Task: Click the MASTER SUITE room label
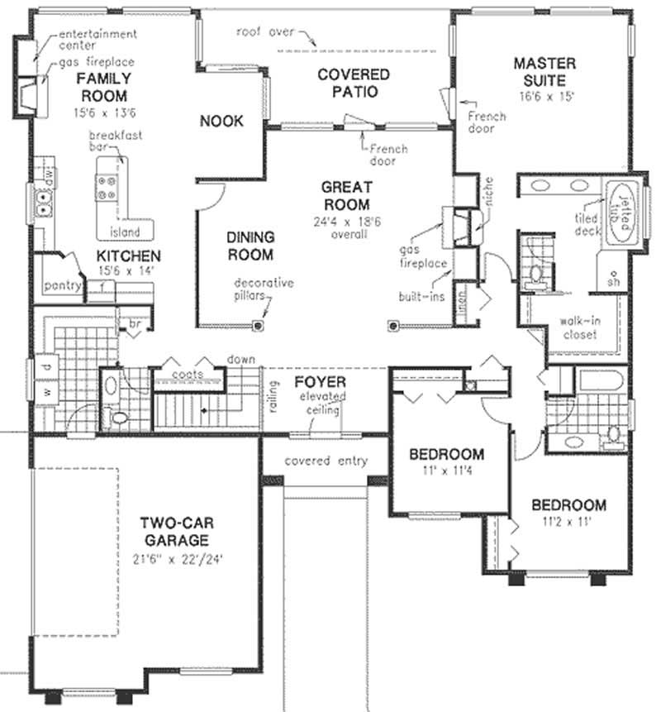[x=539, y=72]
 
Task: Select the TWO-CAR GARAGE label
[x=174, y=531]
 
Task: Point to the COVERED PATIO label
[x=354, y=83]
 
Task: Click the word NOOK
[x=221, y=122]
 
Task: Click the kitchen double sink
[x=41, y=199]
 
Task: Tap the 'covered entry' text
[x=325, y=461]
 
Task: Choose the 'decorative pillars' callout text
[x=263, y=288]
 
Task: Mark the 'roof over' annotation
[x=264, y=32]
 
